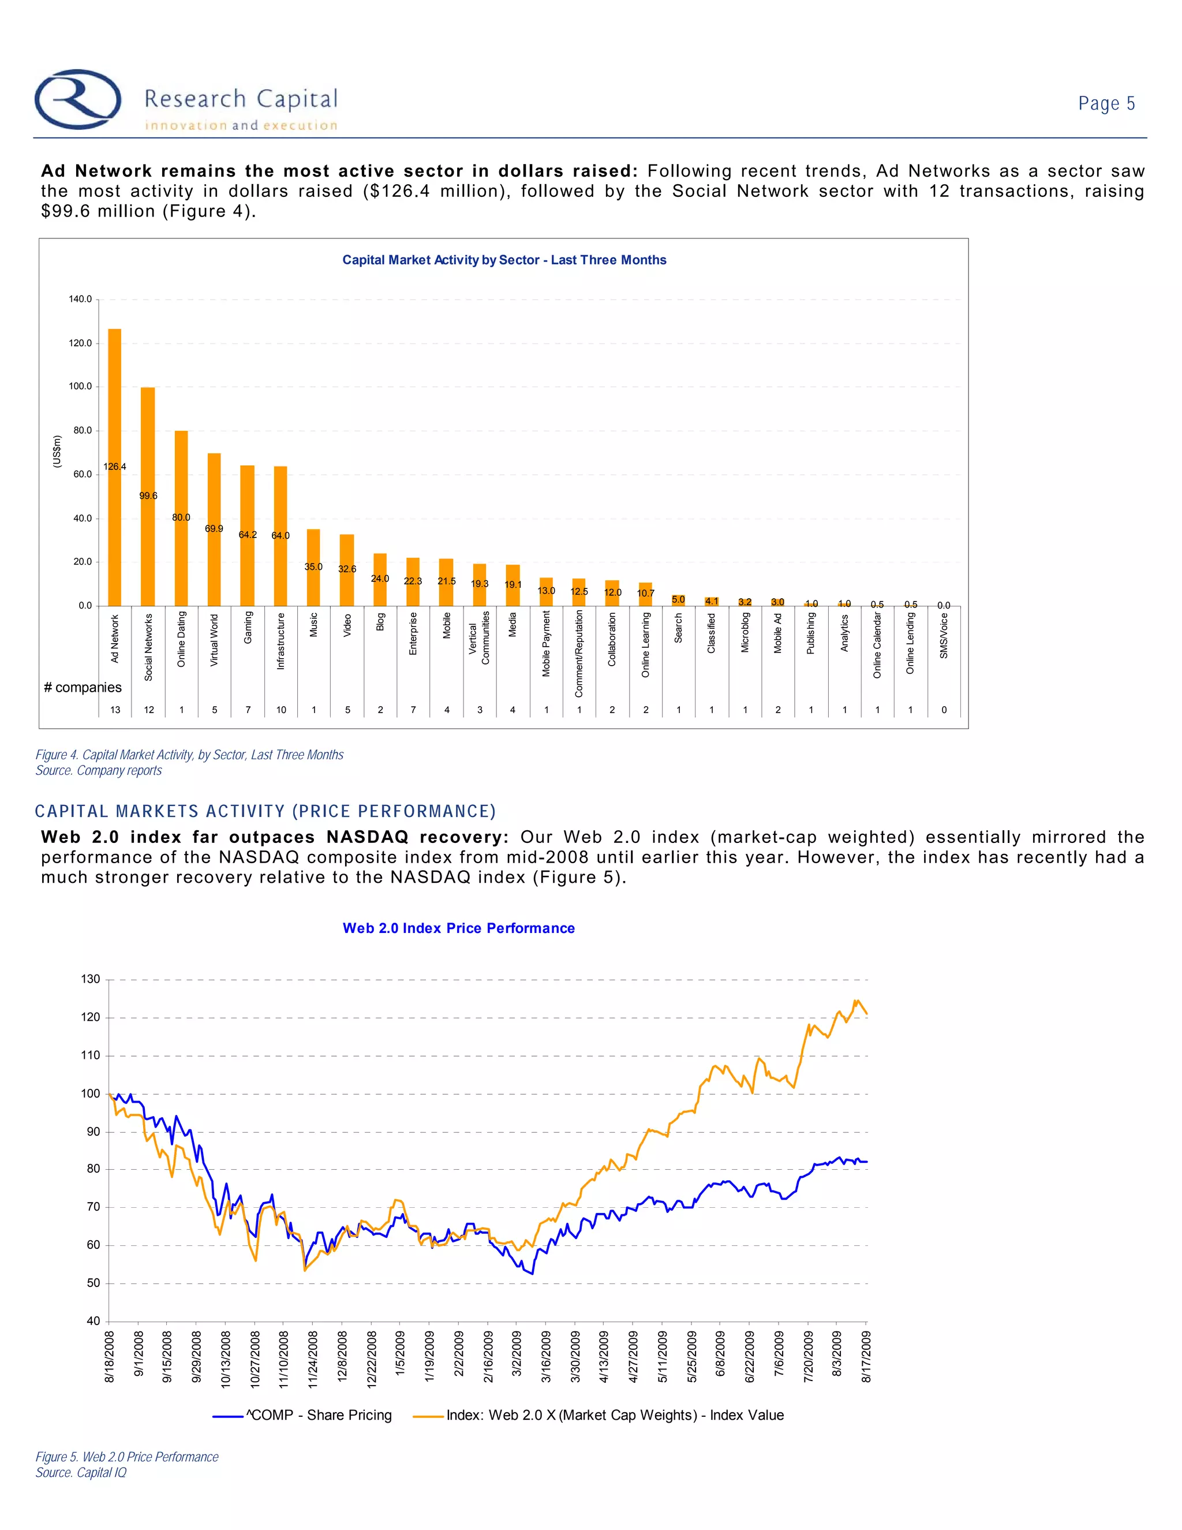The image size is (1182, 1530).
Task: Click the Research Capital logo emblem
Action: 78,99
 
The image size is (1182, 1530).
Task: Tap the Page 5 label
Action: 1106,104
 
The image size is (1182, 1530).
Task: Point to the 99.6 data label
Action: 148,496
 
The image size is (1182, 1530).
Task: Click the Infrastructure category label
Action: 281,641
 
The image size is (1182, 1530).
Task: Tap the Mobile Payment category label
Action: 546,643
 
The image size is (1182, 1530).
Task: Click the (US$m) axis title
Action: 57,452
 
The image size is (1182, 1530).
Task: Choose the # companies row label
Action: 83,687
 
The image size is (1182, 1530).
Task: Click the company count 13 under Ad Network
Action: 115,710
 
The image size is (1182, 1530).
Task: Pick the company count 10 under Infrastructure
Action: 281,710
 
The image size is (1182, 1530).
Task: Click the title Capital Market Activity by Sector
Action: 504,260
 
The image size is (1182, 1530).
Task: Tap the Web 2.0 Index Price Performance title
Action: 459,928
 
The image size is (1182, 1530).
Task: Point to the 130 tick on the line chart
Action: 91,979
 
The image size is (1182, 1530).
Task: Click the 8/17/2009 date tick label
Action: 866,1357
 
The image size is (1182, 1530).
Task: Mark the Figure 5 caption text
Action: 127,1457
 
